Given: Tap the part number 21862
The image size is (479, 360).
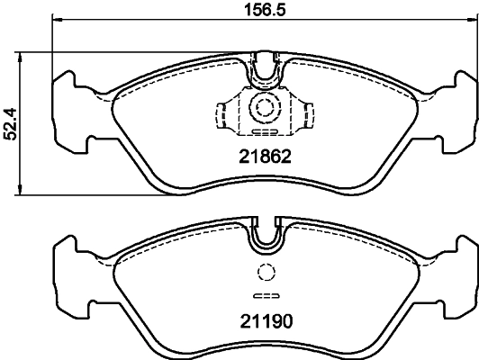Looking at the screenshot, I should click(x=266, y=154).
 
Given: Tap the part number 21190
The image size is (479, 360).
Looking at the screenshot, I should click(x=266, y=319).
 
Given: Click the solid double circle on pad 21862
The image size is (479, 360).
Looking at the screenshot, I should click(x=266, y=106).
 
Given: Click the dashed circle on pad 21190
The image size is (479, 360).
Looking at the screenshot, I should click(x=266, y=274).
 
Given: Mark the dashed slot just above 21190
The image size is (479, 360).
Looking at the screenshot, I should click(x=266, y=297).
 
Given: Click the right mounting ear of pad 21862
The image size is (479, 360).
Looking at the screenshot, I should click(x=461, y=108).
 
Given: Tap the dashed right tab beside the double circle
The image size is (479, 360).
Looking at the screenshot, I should click(x=308, y=114).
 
